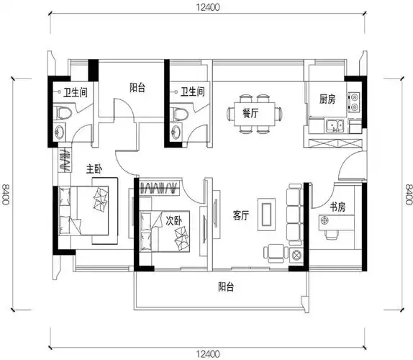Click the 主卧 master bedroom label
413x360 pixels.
pos(94,169)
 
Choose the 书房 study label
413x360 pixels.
pos(338,207)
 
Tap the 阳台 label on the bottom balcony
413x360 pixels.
pos(228,286)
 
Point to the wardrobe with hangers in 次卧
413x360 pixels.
pos(160,189)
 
